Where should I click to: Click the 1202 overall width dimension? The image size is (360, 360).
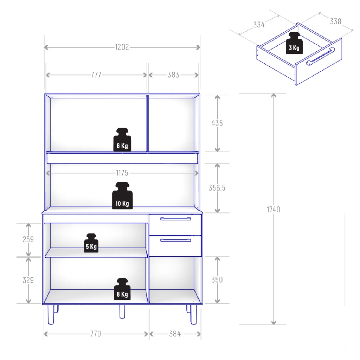122,47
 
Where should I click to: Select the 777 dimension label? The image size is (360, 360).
96,75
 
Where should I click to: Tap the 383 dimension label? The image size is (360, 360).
173,75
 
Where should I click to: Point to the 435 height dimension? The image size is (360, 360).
217,123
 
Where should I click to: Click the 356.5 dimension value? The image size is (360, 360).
217,188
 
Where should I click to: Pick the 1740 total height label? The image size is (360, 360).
274,210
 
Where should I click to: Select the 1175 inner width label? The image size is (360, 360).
122,173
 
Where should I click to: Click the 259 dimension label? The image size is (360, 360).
28,239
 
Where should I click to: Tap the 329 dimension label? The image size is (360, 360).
28,280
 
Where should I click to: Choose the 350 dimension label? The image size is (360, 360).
217,279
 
